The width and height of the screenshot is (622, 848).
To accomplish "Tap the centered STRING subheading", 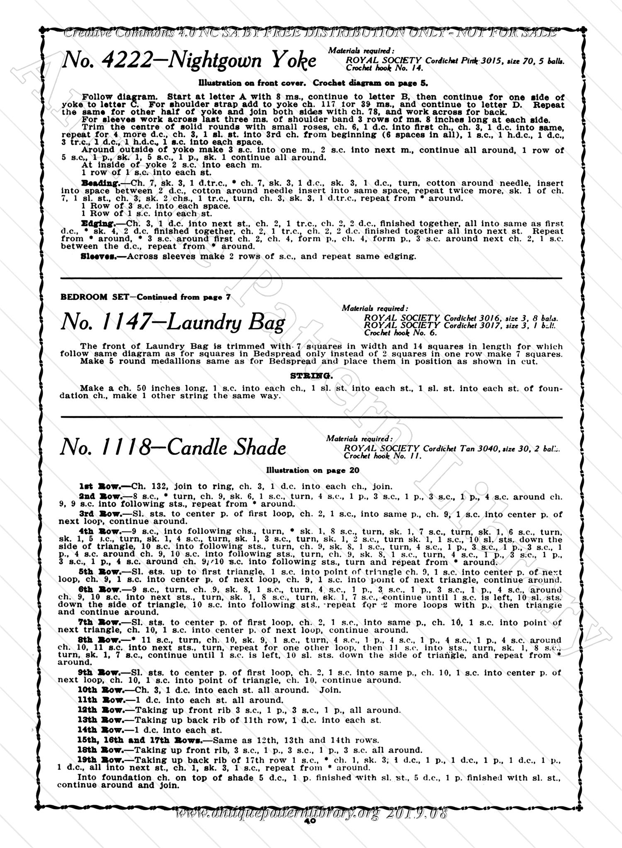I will (311, 376).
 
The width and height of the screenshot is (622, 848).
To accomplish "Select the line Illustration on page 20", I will (312, 470).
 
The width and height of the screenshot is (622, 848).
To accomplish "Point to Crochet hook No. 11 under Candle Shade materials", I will (383, 456).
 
